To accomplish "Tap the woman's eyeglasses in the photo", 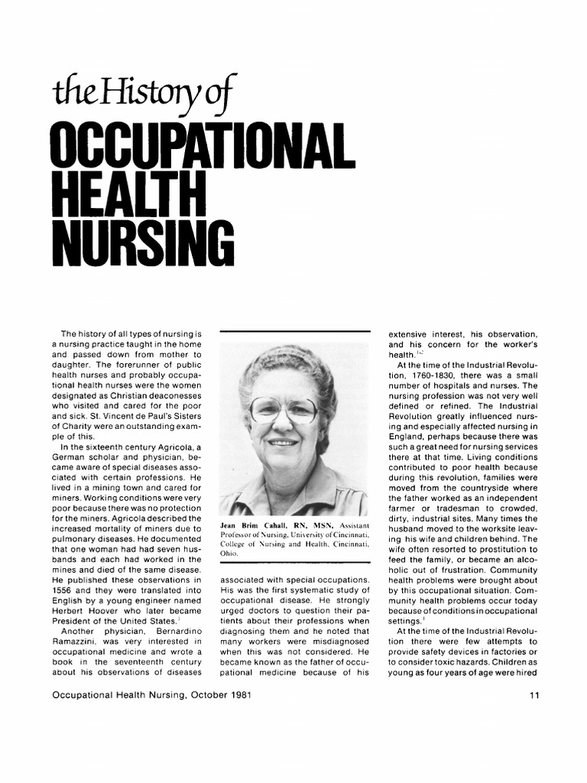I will (284, 411).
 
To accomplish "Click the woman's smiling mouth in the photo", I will (281, 443).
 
